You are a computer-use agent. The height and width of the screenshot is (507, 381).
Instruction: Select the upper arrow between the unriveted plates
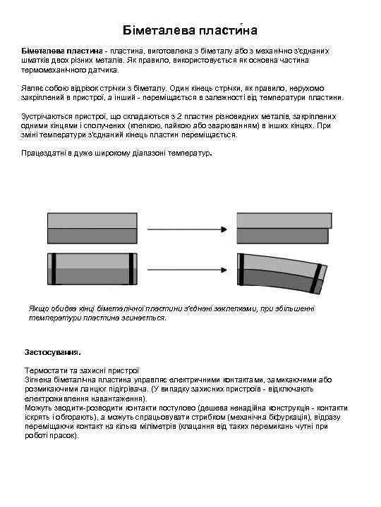click(x=187, y=228)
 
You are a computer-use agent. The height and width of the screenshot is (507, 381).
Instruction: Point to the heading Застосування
click(x=52, y=351)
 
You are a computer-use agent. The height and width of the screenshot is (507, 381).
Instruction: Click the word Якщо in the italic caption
click(x=39, y=308)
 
